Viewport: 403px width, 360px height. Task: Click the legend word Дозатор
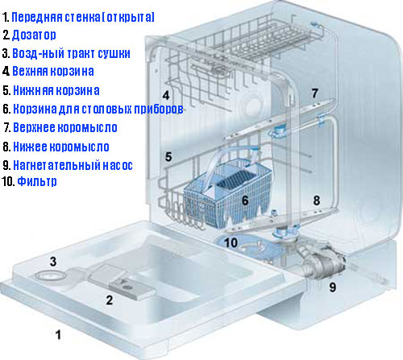[x=34, y=35]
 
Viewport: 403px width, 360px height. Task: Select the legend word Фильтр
[x=37, y=182]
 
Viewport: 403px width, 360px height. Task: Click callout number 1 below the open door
[x=58, y=334]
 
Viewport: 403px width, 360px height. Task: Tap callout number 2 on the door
[x=110, y=300]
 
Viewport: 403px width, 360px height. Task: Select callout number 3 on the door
[x=53, y=262]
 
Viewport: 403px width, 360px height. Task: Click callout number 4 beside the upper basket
[x=166, y=95]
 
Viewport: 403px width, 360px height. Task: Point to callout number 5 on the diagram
[x=168, y=157]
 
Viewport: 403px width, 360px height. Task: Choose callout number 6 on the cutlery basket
[x=245, y=201]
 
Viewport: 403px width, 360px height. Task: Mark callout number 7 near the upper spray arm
[x=315, y=93]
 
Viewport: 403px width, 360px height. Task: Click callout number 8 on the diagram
[x=317, y=201]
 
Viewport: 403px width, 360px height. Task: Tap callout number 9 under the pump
[x=333, y=287]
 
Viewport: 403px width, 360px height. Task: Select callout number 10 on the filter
[x=231, y=242]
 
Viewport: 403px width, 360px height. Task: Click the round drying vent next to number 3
[x=50, y=275]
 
